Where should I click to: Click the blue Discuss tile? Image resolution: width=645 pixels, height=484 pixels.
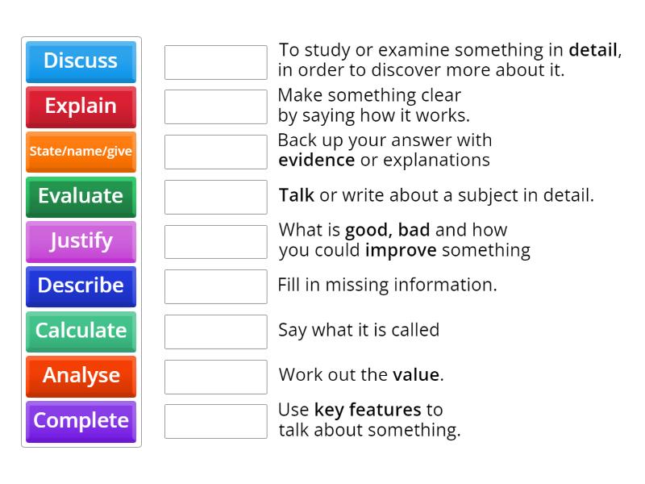(81, 61)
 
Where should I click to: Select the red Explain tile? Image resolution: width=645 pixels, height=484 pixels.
(81, 106)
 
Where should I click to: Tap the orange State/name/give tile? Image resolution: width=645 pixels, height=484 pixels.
(81, 152)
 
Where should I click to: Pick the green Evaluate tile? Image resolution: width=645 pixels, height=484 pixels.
(81, 196)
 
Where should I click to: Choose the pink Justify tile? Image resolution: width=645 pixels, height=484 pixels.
(81, 241)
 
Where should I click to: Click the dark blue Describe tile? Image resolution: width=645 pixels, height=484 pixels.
(81, 286)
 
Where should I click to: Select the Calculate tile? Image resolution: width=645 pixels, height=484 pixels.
(81, 331)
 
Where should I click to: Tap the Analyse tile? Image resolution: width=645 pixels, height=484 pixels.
(81, 376)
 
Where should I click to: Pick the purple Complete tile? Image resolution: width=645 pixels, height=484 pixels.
(81, 421)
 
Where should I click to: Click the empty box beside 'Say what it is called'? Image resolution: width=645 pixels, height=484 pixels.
(215, 332)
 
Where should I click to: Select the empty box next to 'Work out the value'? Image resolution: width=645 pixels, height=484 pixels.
(215, 377)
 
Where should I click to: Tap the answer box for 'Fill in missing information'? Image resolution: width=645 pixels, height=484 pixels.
(215, 286)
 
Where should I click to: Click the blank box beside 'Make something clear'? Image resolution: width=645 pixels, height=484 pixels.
(215, 106)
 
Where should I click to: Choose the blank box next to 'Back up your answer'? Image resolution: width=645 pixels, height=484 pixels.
(215, 152)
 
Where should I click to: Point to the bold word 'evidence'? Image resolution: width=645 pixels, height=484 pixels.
(316, 160)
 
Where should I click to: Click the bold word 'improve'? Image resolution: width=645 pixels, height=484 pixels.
(401, 250)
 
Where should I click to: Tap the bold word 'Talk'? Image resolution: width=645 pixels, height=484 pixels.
(296, 195)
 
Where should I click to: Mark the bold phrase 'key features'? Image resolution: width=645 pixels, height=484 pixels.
(368, 410)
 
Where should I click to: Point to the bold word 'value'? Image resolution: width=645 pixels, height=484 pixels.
(416, 375)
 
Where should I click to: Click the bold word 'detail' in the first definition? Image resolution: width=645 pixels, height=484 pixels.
(593, 50)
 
